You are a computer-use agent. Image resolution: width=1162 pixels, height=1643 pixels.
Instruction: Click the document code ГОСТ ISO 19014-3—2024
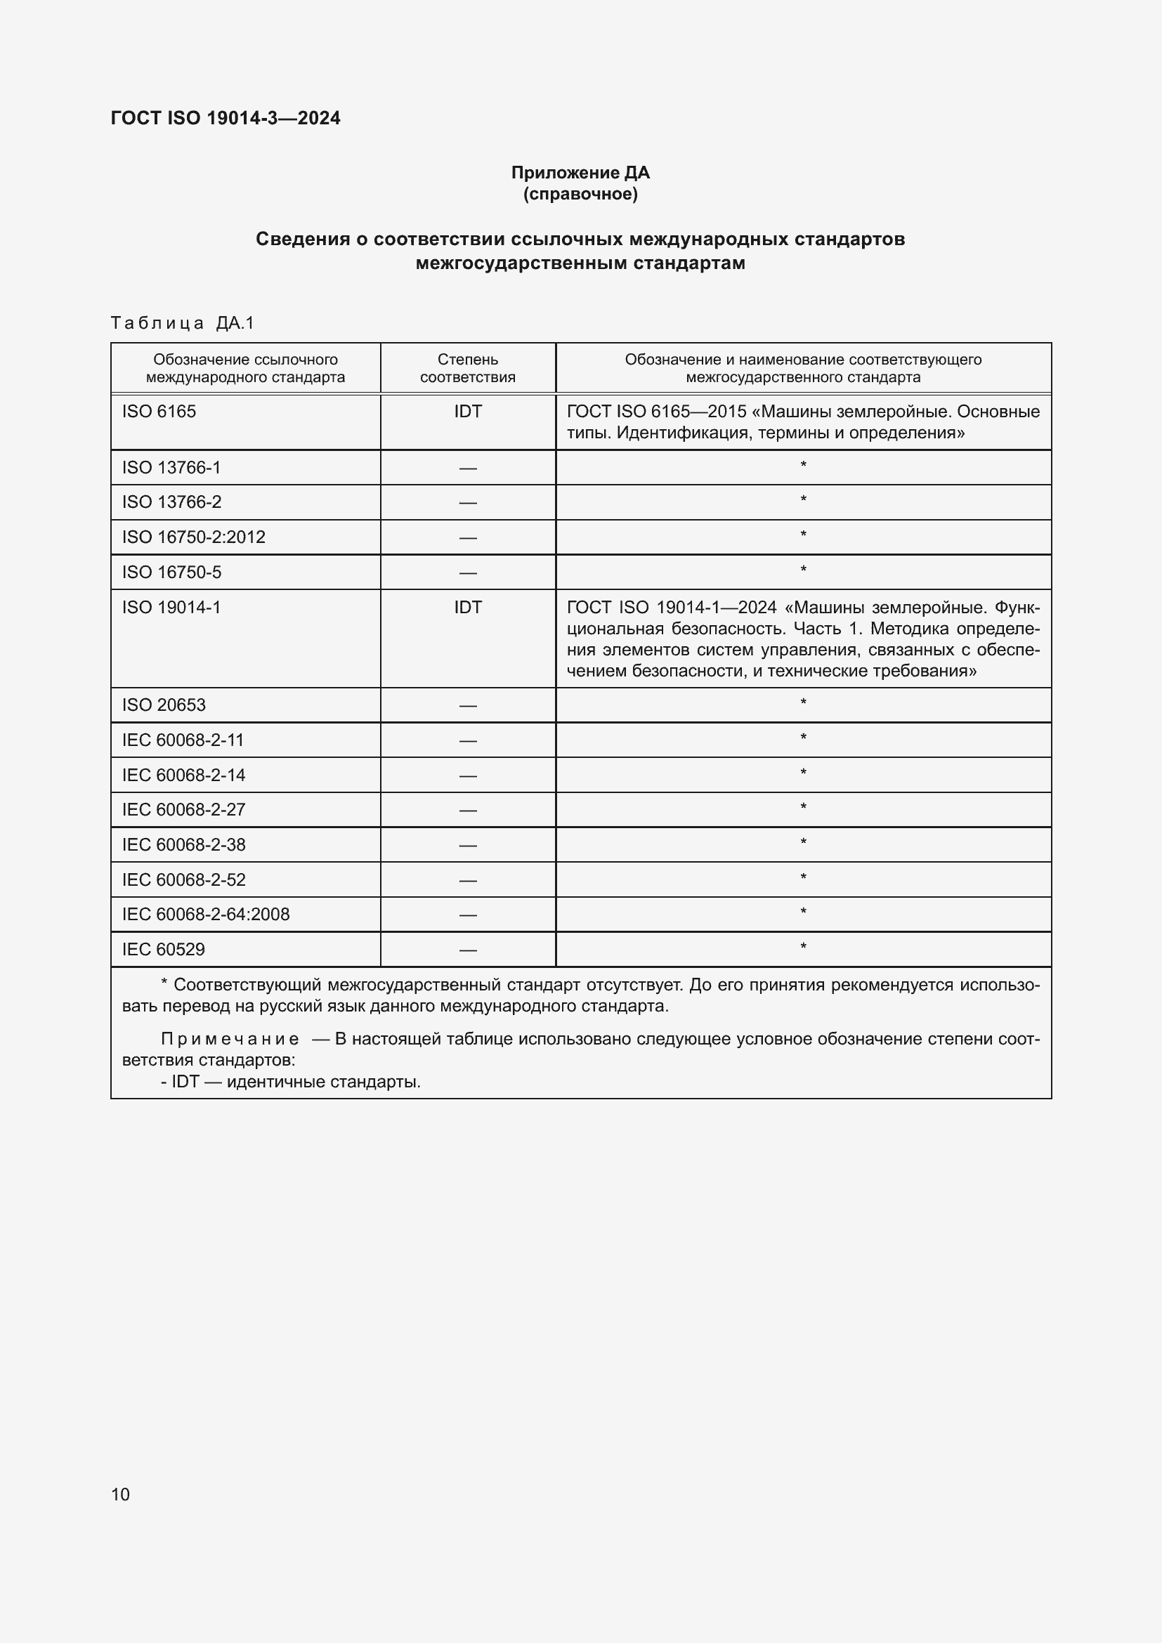point(226,118)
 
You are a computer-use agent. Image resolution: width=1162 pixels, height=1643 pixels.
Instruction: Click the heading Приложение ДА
point(580,173)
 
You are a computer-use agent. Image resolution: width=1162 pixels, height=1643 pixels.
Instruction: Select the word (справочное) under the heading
point(580,194)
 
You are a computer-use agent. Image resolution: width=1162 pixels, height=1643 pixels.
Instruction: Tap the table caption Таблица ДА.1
point(183,323)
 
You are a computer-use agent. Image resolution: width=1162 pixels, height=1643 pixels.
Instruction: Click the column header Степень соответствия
point(467,368)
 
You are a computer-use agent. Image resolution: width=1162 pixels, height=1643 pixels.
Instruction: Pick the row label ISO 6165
point(159,412)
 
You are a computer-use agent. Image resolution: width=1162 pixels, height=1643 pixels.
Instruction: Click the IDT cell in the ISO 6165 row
point(467,412)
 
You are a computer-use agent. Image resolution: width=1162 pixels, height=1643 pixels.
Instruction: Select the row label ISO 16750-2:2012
point(193,537)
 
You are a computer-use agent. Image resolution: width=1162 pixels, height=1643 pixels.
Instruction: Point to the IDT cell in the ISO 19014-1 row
point(467,607)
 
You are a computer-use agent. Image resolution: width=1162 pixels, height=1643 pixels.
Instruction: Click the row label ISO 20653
point(164,705)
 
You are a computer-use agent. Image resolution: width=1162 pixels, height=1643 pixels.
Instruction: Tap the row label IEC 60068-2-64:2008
point(205,914)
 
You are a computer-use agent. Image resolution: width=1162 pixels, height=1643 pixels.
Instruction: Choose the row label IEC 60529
point(163,949)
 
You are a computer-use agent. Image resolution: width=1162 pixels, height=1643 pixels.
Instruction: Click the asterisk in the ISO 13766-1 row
point(803,466)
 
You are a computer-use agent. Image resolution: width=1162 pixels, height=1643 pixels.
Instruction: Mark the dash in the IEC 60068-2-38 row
point(467,845)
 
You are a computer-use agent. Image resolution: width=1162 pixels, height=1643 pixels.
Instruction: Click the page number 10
point(120,1494)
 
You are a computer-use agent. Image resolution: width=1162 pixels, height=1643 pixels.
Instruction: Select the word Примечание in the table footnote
point(230,1039)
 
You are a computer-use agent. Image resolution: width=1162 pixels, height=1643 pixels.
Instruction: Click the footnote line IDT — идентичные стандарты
point(292,1081)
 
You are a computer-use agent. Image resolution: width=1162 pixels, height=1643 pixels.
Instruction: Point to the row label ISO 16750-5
point(171,572)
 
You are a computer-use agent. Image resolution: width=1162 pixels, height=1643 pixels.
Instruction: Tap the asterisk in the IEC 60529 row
point(803,948)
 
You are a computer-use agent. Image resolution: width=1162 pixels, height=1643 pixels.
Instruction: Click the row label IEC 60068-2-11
point(183,740)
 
